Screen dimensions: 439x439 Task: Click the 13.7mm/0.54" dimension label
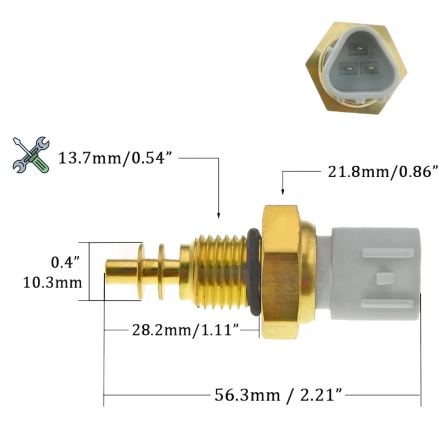tap(115, 159)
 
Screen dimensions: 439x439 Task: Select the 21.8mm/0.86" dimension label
tap(382, 172)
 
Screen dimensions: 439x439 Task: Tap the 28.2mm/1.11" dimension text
tap(185, 330)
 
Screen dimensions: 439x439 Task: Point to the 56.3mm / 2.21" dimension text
tap(278, 395)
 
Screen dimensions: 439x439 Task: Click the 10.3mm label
tap(53, 283)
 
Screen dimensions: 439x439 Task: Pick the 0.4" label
tap(65, 263)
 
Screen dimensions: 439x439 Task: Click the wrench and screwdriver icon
tap(31, 155)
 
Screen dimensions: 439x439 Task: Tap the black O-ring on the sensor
tap(254, 272)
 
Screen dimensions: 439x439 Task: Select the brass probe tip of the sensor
tap(121, 271)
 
